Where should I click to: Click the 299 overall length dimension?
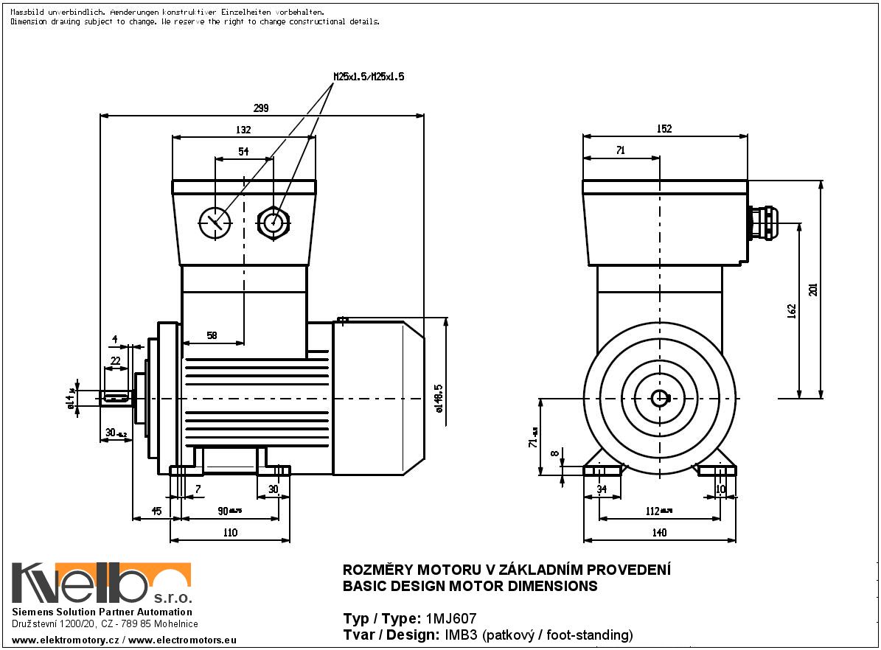tap(260, 108)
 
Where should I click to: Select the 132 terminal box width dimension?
tap(243, 130)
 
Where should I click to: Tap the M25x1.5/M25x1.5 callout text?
tap(369, 76)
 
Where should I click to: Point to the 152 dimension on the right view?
tap(664, 129)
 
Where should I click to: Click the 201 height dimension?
tap(813, 289)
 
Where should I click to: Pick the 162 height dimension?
tap(792, 311)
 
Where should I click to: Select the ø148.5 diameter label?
tap(439, 398)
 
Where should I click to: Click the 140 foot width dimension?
tap(659, 533)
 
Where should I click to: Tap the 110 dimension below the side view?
tap(230, 533)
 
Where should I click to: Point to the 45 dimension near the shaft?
tap(156, 511)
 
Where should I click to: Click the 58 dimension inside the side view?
tap(212, 335)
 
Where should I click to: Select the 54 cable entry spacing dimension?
tap(243, 151)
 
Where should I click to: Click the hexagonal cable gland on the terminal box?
tap(274, 220)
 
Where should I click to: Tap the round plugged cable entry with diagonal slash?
tap(215, 220)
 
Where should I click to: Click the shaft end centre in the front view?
tap(660, 398)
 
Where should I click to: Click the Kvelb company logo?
tap(101, 584)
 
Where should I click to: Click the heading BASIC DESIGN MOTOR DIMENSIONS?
tap(470, 587)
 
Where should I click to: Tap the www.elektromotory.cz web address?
tap(65, 640)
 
